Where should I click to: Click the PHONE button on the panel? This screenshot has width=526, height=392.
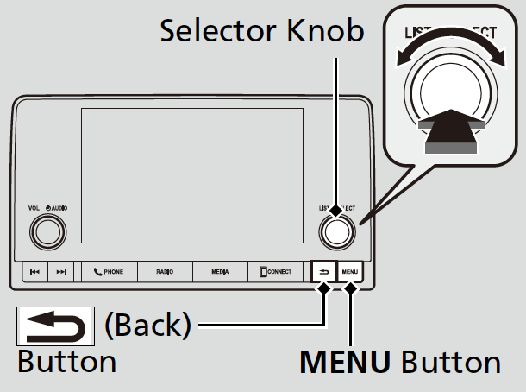tap(110, 272)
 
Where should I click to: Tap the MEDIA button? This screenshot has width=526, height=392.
tap(219, 272)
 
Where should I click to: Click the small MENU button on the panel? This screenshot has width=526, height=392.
tap(351, 272)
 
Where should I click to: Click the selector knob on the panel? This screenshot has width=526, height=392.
tap(337, 231)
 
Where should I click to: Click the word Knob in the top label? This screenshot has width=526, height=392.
tap(329, 32)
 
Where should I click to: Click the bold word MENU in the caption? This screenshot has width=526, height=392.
tap(345, 361)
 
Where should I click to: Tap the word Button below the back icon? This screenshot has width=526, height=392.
tap(66, 361)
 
